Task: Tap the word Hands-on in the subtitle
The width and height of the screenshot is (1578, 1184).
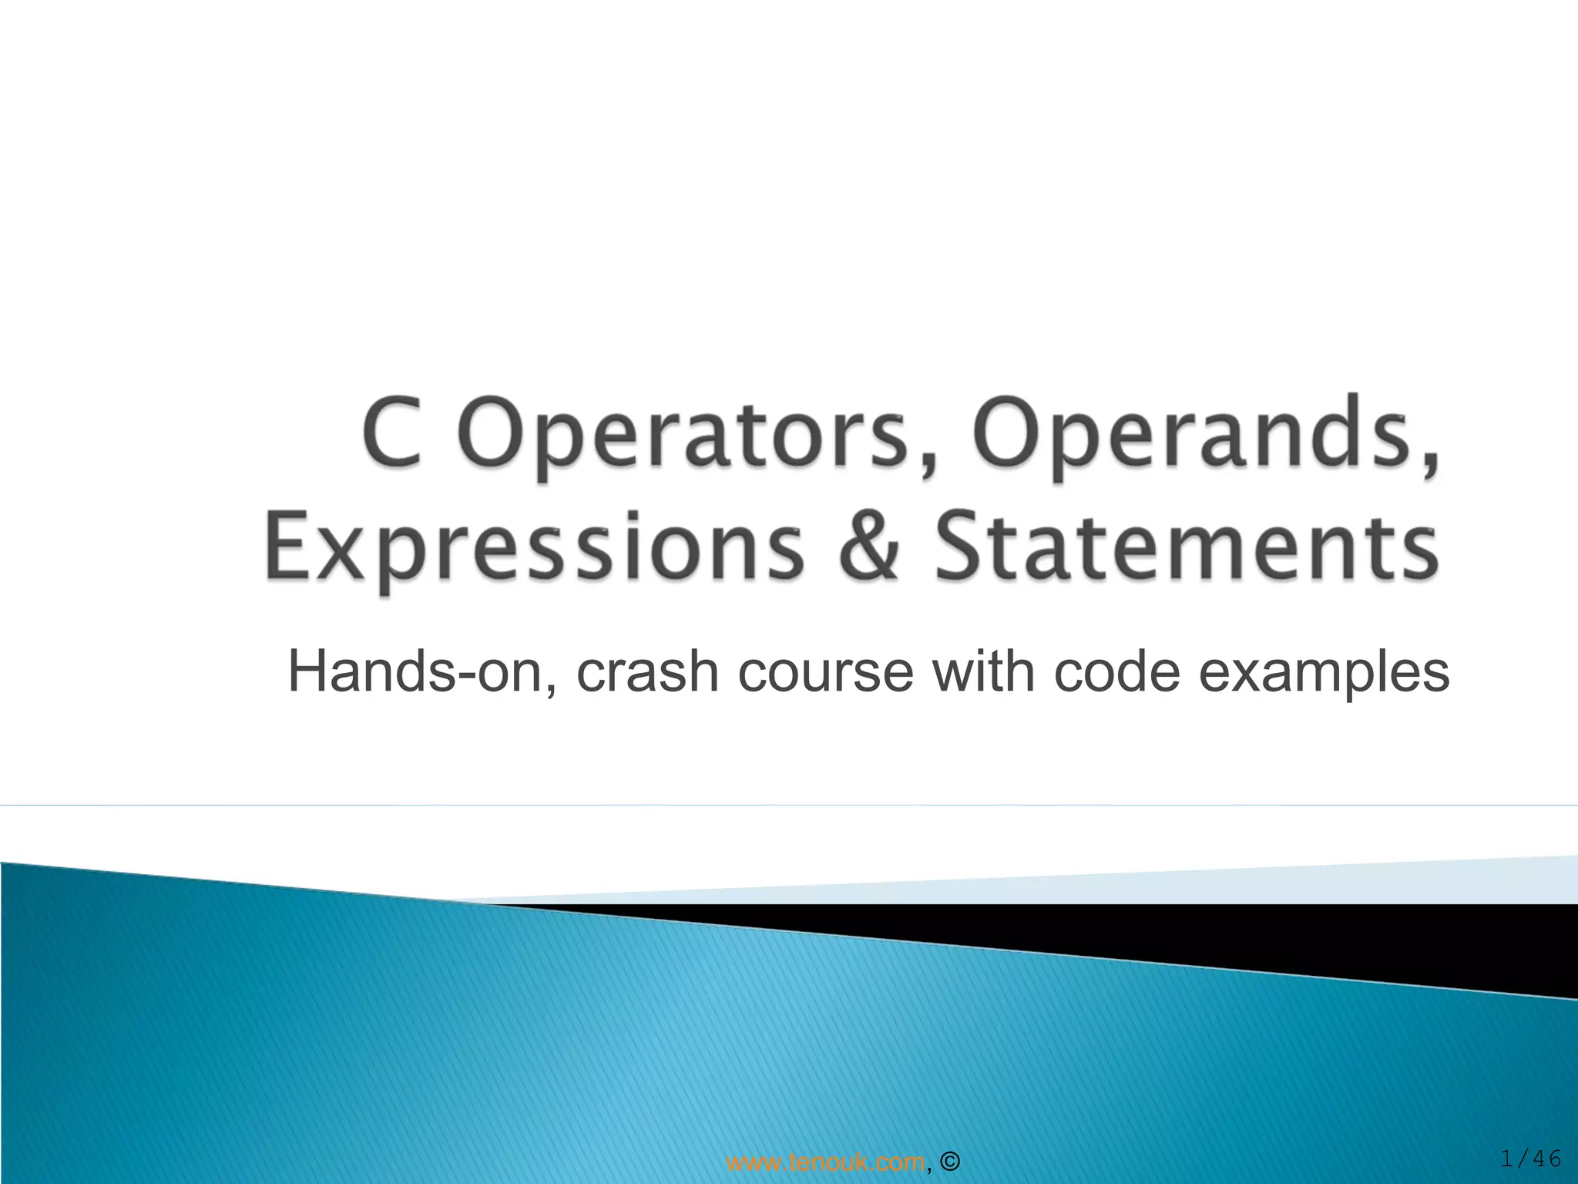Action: click(x=416, y=672)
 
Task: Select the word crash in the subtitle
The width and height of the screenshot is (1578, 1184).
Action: click(x=648, y=672)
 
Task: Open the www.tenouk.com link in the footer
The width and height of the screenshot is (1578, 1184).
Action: click(x=825, y=1161)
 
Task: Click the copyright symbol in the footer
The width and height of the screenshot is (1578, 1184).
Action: click(x=950, y=1162)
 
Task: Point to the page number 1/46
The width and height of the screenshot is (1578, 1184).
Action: click(x=1530, y=1159)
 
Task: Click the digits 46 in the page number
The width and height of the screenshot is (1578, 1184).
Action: click(x=1546, y=1159)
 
